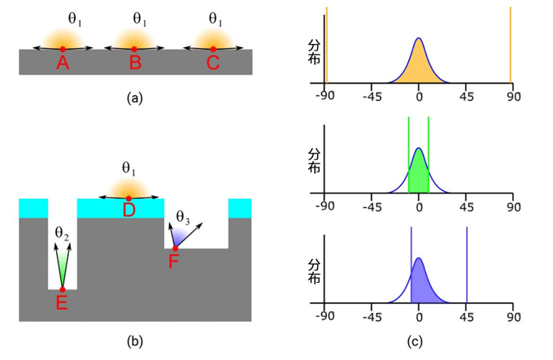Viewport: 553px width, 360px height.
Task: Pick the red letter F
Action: [x=174, y=262]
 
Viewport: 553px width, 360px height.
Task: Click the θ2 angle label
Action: [x=62, y=232]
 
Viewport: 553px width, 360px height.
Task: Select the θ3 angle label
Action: [x=184, y=215]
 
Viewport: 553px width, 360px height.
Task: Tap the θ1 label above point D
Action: [x=128, y=168]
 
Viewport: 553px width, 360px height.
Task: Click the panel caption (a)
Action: [x=135, y=98]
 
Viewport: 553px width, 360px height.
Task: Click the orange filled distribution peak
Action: [x=418, y=65]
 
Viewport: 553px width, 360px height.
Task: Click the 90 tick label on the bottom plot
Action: [x=512, y=317]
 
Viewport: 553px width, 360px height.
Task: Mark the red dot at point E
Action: [x=62, y=289]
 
